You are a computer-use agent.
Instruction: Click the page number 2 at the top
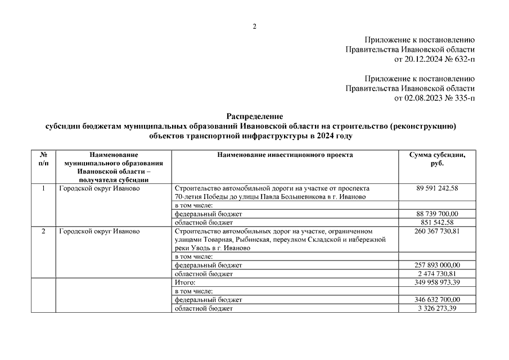(254, 26)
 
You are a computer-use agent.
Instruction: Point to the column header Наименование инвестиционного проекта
(285, 155)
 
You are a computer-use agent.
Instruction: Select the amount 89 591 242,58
(437, 188)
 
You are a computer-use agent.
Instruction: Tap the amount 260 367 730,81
(437, 231)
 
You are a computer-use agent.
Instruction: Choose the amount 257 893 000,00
(437, 265)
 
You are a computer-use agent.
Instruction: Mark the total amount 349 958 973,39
(437, 282)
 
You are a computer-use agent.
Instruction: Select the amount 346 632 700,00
(437, 300)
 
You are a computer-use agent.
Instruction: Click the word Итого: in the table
(185, 282)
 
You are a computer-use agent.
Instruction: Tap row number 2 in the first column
(43, 231)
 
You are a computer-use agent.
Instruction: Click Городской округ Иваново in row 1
(99, 188)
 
